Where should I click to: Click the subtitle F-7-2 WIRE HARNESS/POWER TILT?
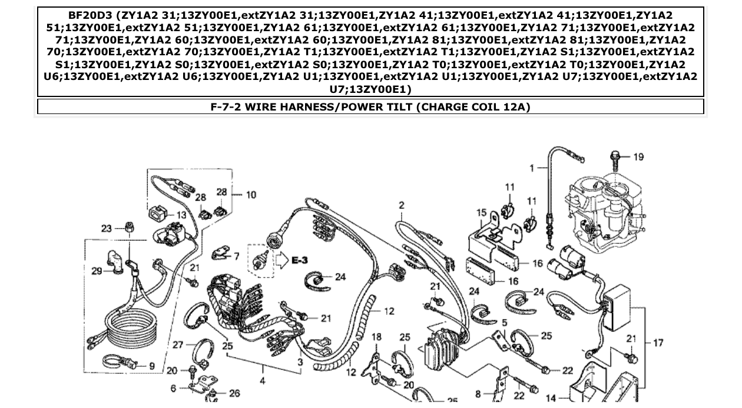[370, 107]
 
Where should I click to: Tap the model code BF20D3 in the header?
[90, 15]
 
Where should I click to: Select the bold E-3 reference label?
[300, 260]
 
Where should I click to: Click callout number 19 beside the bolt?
[639, 156]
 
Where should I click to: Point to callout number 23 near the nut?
[107, 228]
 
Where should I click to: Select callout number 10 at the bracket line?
[251, 195]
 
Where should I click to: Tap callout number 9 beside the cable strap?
[152, 366]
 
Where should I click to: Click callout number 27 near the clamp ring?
[177, 345]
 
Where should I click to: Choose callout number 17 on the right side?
[658, 342]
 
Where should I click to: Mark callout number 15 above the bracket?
[482, 213]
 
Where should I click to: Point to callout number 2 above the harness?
[402, 205]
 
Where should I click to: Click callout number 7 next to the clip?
[236, 256]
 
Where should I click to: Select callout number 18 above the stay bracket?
[376, 337]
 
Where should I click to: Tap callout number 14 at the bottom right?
[551, 398]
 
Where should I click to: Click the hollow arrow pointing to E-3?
[281, 259]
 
